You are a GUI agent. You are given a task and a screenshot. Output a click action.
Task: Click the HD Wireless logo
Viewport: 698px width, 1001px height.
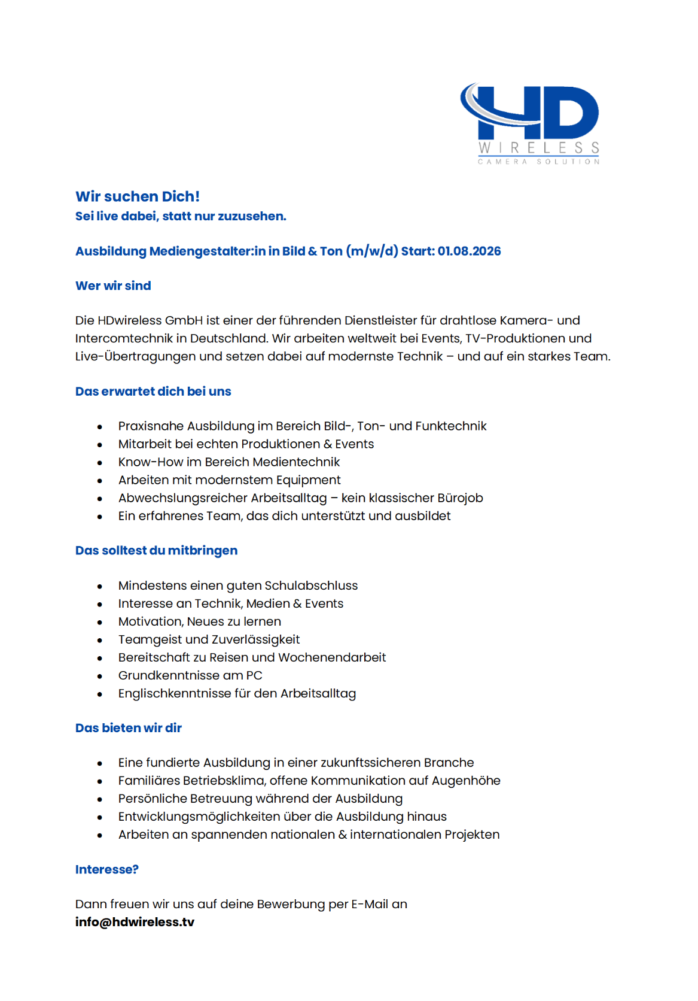[529, 123]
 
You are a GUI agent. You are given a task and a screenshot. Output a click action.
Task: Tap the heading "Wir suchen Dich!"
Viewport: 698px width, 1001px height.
[138, 196]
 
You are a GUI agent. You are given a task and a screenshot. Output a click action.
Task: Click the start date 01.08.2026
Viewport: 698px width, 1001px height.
[469, 251]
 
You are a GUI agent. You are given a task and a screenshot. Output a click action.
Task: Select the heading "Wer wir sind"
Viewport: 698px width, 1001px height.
[113, 286]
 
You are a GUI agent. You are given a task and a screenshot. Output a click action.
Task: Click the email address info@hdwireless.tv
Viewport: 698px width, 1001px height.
[135, 922]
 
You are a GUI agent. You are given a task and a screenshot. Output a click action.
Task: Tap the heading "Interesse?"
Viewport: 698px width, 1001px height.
[106, 869]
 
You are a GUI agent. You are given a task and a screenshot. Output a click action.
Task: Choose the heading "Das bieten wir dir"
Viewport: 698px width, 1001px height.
[128, 728]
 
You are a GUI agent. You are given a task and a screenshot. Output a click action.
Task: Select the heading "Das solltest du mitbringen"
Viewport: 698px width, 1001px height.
[156, 551]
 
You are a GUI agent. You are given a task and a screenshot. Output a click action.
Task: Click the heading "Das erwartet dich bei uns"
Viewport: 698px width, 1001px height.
[153, 392]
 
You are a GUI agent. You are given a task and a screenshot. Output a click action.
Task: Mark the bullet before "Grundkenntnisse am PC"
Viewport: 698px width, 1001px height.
[100, 677]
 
